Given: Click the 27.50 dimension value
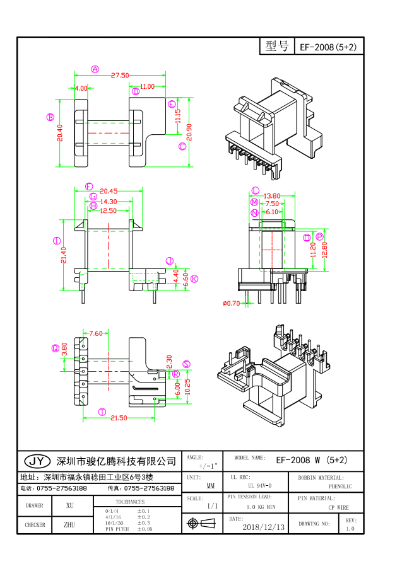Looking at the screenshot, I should click(x=120, y=75).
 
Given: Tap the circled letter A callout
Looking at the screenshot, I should click(x=95, y=69).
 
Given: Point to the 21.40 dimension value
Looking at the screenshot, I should click(x=64, y=255).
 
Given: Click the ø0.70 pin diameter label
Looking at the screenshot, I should click(x=232, y=303).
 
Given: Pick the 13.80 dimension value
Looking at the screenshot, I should click(x=272, y=196).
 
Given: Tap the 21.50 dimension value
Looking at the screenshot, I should click(x=118, y=418).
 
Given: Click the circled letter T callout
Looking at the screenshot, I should click(x=102, y=411).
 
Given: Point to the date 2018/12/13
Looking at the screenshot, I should click(x=263, y=526).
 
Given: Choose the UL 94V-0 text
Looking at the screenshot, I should click(x=259, y=486).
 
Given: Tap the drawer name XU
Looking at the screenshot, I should click(x=69, y=505).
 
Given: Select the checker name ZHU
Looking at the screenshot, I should click(x=69, y=524).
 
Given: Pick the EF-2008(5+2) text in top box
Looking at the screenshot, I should click(x=328, y=47).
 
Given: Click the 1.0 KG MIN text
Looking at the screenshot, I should click(x=260, y=507).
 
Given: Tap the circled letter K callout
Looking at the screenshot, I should click(x=194, y=279).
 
